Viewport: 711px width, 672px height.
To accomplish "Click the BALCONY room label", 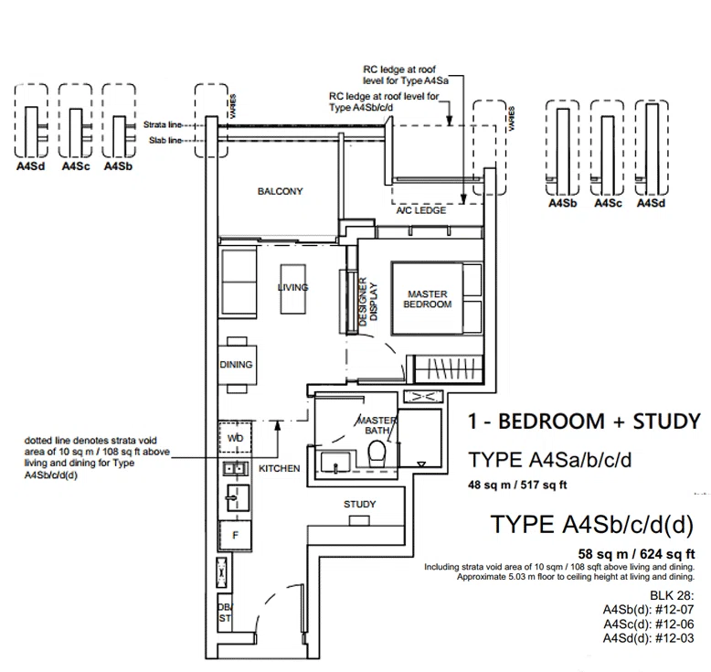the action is click(280, 191).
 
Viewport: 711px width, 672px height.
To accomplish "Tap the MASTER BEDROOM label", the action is click(427, 299).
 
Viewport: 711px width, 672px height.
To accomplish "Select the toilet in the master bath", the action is click(377, 454).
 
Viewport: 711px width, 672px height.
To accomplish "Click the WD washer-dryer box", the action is click(235, 437).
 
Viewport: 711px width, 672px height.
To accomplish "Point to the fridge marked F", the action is click(235, 536).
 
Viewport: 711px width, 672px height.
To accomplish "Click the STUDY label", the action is click(359, 504).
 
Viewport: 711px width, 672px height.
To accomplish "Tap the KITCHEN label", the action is click(280, 468).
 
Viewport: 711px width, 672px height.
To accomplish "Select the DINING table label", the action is click(236, 365).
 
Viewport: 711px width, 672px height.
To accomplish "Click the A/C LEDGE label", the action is click(420, 210).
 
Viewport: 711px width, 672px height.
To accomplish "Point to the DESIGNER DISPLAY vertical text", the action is click(367, 302).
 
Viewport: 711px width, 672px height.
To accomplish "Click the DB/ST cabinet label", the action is click(225, 613).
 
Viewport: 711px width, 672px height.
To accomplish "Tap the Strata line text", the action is click(163, 124).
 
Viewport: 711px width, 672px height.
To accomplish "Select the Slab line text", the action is click(165, 141).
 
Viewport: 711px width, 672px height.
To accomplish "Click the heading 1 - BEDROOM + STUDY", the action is click(585, 421).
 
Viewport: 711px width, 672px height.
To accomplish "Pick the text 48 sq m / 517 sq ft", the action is click(517, 485).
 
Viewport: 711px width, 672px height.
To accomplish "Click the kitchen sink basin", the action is click(238, 497).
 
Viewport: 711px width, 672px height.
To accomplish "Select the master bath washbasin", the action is click(335, 463).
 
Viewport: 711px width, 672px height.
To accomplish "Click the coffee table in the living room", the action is click(293, 289).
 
